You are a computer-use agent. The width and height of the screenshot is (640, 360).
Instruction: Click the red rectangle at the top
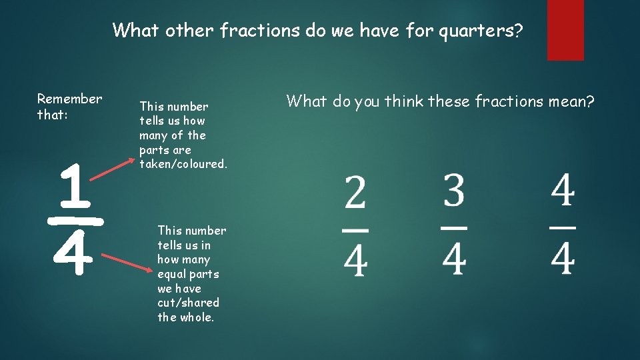[x=565, y=30]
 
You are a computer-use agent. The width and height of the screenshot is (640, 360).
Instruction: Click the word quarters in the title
[x=478, y=31]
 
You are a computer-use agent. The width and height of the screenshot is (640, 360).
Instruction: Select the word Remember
[x=69, y=99]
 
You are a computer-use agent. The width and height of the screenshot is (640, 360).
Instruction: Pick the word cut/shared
[x=188, y=303]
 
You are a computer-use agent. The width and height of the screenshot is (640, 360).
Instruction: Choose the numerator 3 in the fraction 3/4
[x=454, y=192]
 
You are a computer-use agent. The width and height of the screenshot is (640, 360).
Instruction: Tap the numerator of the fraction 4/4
[x=563, y=192]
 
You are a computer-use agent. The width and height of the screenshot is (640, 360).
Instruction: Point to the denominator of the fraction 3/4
[x=454, y=259]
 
